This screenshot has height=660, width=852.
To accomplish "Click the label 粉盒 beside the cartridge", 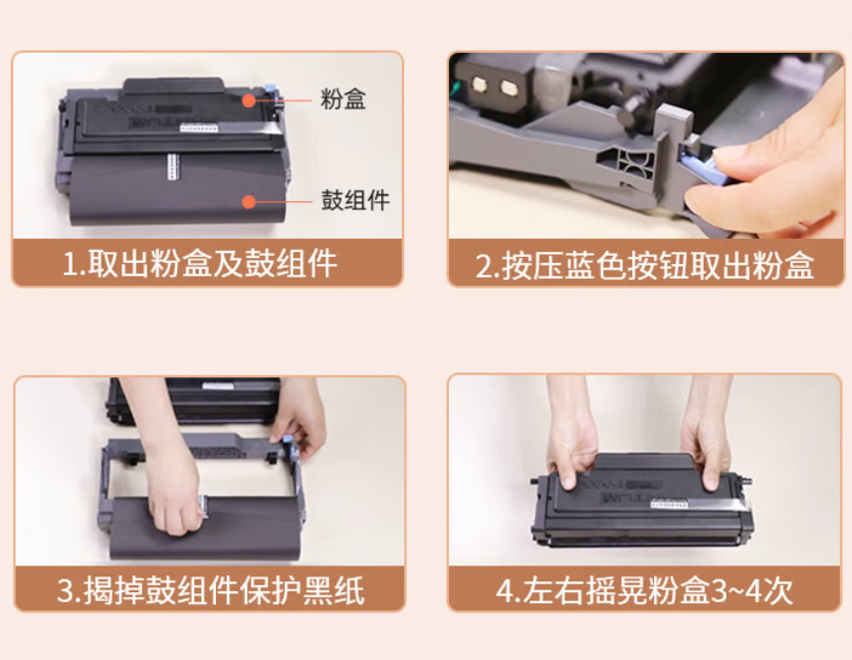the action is (342, 99).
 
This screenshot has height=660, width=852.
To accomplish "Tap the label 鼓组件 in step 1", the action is (355, 200).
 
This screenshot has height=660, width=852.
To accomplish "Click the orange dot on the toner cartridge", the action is (249, 100).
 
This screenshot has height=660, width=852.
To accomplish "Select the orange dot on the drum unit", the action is (249, 202).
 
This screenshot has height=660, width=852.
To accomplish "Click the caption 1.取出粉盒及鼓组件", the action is (200, 264).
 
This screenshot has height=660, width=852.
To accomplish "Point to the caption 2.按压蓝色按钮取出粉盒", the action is (645, 266).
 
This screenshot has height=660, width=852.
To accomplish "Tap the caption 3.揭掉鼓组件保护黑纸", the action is (211, 590).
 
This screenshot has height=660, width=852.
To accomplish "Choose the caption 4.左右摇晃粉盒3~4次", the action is (644, 590).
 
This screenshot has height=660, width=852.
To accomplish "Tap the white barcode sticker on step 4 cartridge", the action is (669, 505).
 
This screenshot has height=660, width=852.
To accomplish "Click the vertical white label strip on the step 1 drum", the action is (173, 166).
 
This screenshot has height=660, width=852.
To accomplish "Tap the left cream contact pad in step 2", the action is (480, 85).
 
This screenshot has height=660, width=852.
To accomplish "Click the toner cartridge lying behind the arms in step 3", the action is (196, 401).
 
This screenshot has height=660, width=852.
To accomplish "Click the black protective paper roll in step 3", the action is (204, 528).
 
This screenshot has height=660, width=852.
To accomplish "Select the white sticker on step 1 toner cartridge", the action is (199, 128).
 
